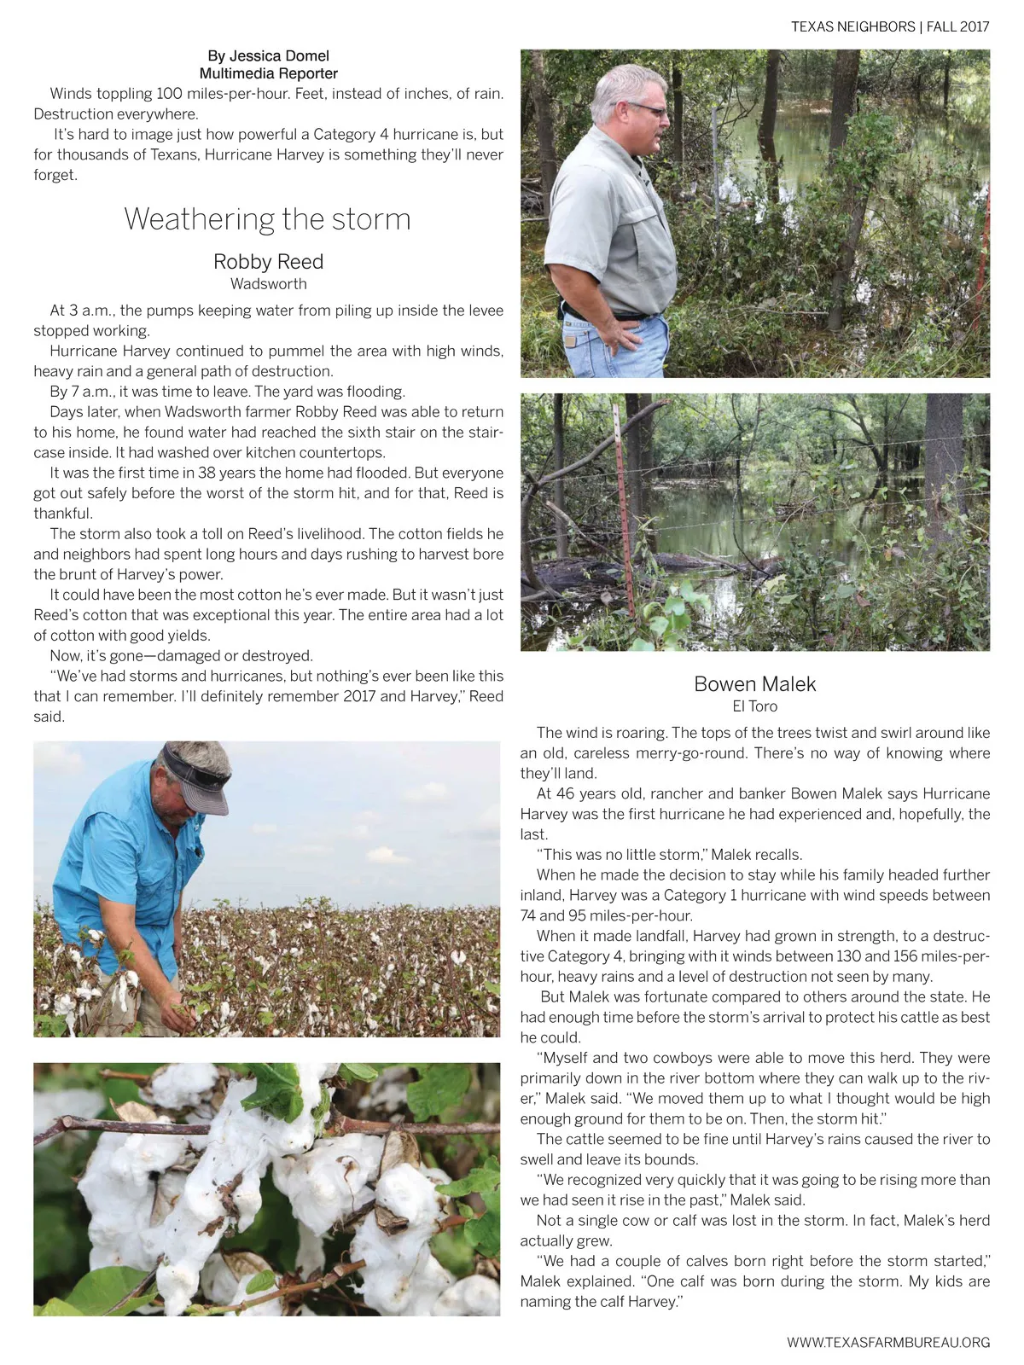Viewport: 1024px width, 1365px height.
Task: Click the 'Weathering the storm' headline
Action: (267, 219)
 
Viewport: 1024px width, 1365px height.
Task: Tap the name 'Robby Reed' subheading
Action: (268, 262)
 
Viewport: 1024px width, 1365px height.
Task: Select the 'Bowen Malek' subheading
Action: (754, 684)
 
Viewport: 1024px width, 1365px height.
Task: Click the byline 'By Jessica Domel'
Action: (268, 55)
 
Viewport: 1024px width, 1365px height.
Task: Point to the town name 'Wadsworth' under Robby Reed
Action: (268, 284)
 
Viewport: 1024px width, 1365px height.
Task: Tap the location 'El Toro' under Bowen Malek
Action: (754, 706)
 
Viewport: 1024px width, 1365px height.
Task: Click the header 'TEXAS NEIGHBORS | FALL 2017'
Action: (889, 26)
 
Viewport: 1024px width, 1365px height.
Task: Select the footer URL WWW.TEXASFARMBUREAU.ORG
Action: (887, 1342)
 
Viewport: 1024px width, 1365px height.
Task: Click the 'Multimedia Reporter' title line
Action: (268, 74)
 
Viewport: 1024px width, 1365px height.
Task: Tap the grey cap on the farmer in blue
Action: (199, 775)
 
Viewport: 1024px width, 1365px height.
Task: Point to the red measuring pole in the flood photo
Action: (625, 512)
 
